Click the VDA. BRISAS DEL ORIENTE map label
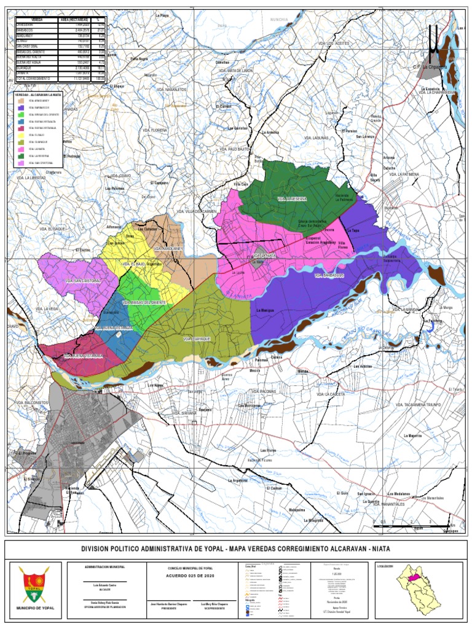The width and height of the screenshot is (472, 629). coord(144,303)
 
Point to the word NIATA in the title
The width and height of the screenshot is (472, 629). coord(377,549)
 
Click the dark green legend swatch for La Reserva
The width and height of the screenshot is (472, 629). coord(22,156)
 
